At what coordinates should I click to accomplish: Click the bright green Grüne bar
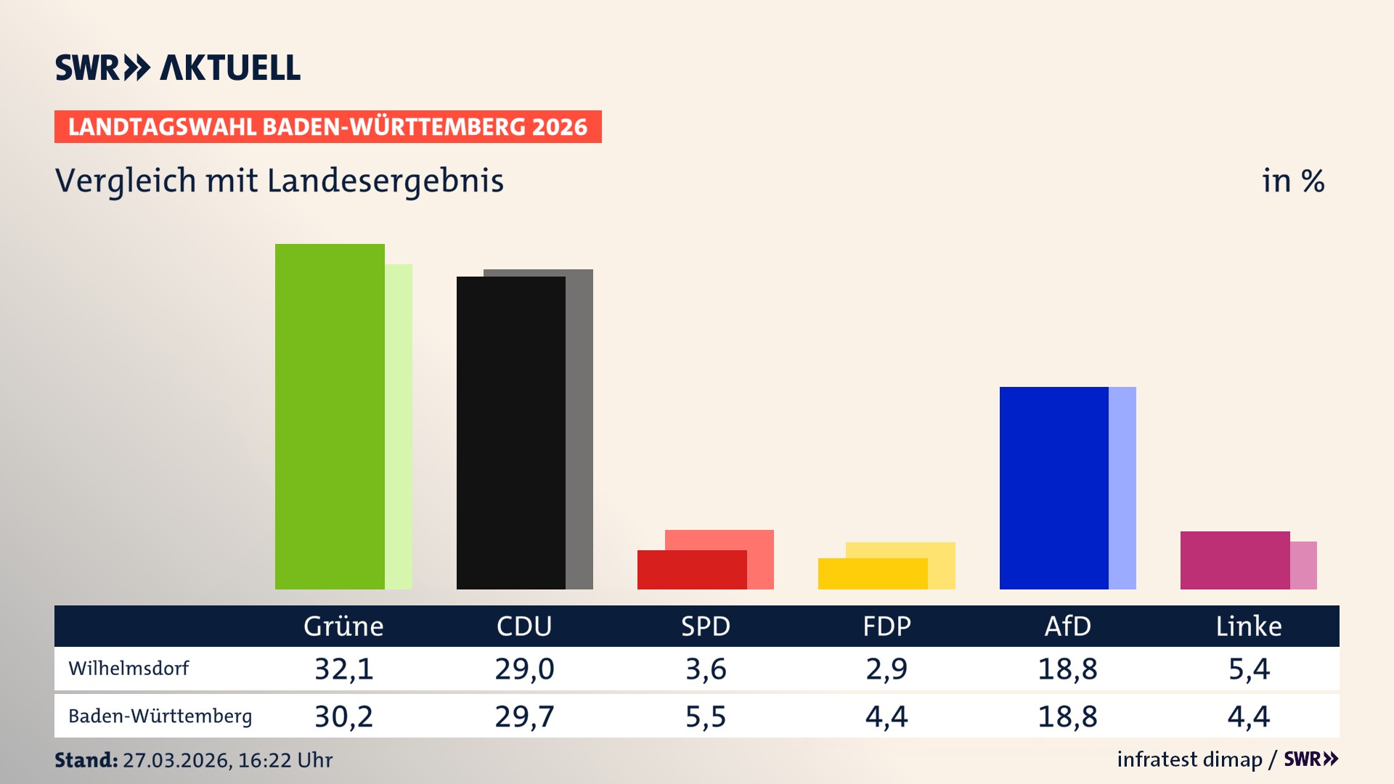330,417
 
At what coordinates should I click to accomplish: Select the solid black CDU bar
510,433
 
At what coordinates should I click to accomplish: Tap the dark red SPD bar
691,571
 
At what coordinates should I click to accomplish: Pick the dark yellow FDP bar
872,574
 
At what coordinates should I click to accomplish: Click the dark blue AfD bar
1053,488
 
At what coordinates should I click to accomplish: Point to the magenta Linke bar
1234,560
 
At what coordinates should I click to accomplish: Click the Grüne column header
343,626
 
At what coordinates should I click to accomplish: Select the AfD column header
1067,626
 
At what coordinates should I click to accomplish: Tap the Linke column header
1249,626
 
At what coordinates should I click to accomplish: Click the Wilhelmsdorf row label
129,669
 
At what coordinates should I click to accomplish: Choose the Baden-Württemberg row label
160,716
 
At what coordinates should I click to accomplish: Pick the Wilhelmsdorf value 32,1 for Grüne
343,669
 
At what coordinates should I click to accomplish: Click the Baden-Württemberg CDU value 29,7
524,716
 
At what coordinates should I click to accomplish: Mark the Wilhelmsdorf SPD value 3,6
706,669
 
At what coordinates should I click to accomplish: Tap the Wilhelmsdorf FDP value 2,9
886,669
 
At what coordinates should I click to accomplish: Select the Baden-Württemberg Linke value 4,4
1249,716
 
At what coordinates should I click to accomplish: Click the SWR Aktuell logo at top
178,68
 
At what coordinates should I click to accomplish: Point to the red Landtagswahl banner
327,127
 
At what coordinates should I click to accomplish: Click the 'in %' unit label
1293,181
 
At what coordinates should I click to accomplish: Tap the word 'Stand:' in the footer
86,760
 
